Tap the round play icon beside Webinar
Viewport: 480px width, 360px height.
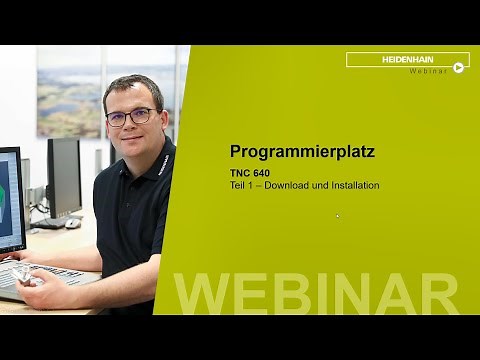click(459, 68)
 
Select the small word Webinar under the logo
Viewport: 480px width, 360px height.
click(426, 70)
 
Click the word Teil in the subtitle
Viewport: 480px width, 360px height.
click(239, 185)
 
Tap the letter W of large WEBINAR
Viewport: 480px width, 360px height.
click(205, 292)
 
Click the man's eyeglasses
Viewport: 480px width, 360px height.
click(132, 116)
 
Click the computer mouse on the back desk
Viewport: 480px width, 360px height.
click(72, 223)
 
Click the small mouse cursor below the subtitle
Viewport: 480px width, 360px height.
click(338, 215)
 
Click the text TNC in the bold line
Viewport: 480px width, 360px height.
click(240, 173)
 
